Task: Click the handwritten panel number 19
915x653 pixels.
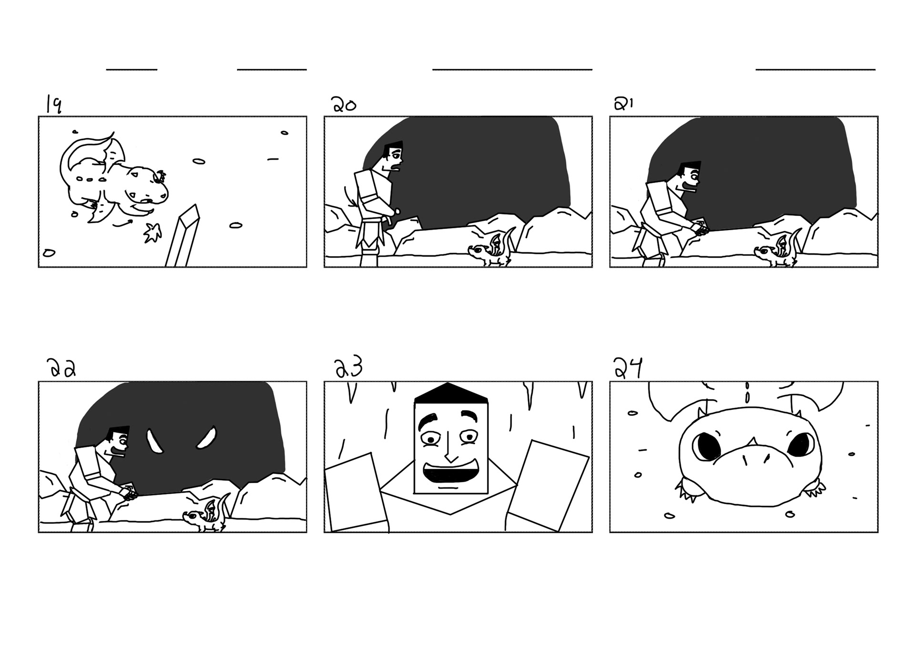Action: click(x=53, y=104)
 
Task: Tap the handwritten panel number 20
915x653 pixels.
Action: click(x=344, y=104)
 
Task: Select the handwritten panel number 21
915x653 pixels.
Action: click(x=623, y=103)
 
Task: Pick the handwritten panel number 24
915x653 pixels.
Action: click(x=628, y=368)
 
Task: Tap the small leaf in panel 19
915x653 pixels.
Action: click(x=153, y=233)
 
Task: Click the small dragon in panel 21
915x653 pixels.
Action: click(x=778, y=248)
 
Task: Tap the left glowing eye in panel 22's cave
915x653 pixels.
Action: click(x=154, y=441)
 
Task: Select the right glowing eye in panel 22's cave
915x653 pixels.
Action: click(x=207, y=438)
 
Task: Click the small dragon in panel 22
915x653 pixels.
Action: click(x=206, y=513)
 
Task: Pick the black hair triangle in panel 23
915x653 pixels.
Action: click(x=451, y=393)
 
